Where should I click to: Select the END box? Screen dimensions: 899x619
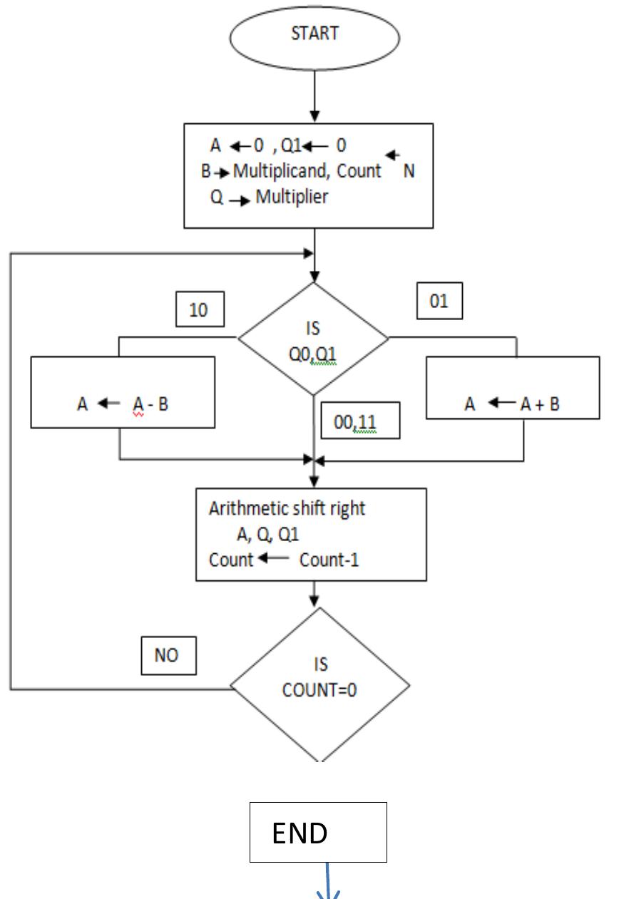318,832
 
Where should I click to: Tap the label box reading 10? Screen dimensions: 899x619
200,310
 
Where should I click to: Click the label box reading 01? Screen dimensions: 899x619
439,302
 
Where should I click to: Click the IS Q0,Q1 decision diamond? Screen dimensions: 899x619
313,338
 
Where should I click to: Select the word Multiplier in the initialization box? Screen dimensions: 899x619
292,197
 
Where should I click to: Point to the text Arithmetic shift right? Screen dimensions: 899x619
287,508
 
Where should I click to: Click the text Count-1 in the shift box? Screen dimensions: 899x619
329,560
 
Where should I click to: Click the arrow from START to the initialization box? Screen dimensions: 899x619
314,96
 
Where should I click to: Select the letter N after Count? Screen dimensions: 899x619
409,172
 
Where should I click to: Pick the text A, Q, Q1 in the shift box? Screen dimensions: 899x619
267,534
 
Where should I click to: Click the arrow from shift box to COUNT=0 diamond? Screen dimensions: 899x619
313,593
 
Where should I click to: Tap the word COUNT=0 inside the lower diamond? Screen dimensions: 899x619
319,690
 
